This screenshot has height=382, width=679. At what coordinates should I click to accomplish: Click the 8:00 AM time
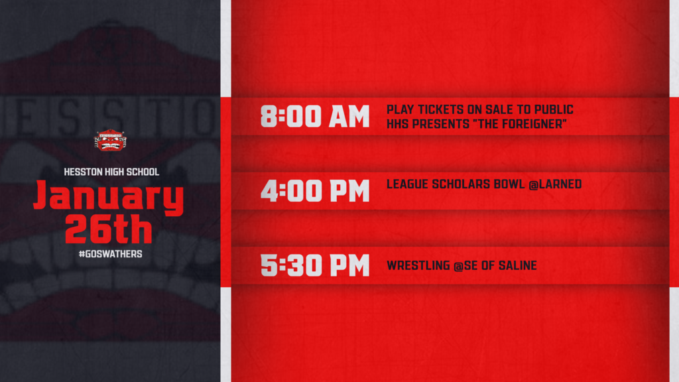point(315,116)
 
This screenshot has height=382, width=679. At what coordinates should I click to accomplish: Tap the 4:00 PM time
point(315,191)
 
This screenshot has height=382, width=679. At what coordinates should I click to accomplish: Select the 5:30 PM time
point(315,265)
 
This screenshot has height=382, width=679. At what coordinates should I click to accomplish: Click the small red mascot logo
point(111,140)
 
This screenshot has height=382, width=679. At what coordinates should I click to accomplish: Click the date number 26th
point(109,229)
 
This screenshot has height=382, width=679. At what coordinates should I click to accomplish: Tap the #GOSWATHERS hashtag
point(111,254)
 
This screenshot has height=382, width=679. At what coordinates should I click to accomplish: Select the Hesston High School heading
point(111,172)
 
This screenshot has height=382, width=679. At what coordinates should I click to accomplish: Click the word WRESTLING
point(418,265)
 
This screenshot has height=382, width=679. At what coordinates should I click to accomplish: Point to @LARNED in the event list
point(555,184)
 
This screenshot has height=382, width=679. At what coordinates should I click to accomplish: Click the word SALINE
point(518,265)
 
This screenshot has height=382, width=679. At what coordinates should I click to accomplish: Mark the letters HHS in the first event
point(397,124)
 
